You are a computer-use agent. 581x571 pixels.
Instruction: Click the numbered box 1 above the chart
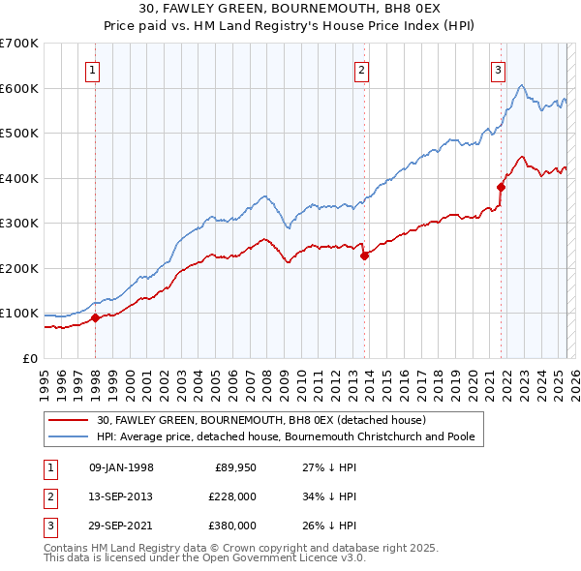coord(92,70)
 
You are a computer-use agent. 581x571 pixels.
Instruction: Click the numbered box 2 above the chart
coord(361,70)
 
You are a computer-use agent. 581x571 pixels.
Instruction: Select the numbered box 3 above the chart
coord(498,70)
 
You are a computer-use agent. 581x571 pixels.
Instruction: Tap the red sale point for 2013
coord(364,255)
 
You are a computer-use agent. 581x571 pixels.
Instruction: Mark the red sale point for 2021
coord(502,187)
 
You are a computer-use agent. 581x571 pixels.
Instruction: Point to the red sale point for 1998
coord(95,317)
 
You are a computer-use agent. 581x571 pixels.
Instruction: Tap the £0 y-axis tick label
coord(29,358)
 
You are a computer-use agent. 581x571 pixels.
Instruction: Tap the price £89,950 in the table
coord(232,468)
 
